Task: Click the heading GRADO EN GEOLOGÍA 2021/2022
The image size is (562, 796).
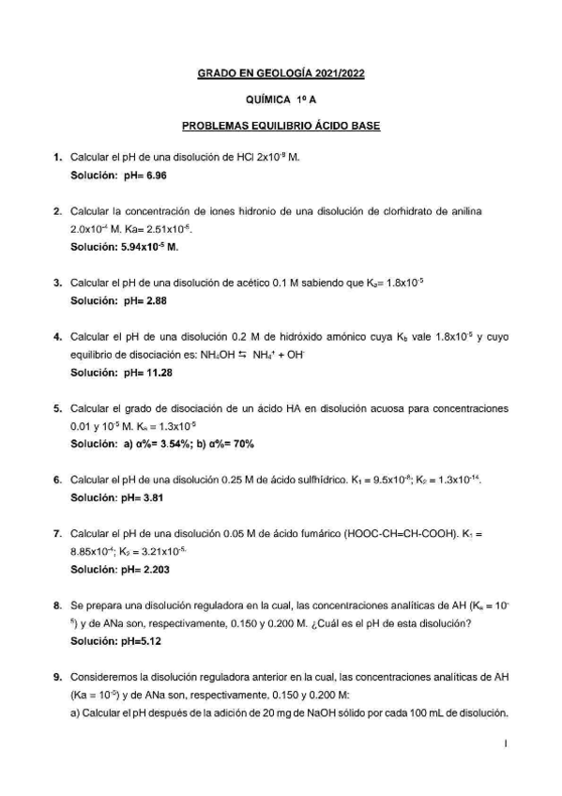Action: (x=281, y=71)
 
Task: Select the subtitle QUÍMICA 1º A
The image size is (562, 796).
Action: (x=281, y=98)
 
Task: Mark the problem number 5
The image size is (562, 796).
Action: (x=58, y=408)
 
